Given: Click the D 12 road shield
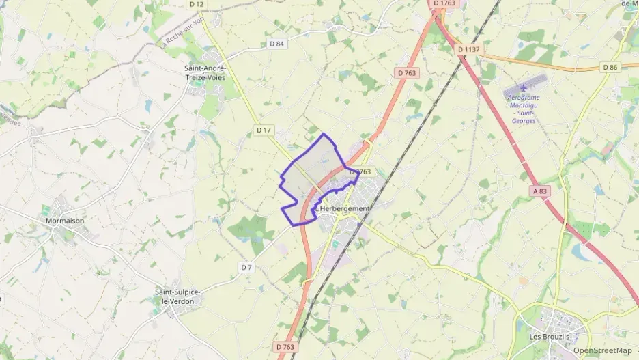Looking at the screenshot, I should point(197,4).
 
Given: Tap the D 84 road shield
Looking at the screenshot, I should point(276,44).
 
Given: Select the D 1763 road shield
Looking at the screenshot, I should point(444,4).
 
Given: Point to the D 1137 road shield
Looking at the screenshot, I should point(469,49).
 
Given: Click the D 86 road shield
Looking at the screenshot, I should point(610,67).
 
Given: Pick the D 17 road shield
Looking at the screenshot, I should point(264,129).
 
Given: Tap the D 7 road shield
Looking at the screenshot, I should point(246,267).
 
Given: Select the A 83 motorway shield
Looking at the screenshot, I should point(541,193).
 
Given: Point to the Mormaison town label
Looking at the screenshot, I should point(64,221).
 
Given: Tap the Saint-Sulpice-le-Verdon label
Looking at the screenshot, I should point(177,296).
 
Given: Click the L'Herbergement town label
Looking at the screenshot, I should point(342,208).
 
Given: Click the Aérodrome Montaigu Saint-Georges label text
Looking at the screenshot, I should point(524,109).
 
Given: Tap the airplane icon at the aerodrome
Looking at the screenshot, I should point(524,88).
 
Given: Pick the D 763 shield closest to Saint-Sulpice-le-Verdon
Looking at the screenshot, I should point(287,348).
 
